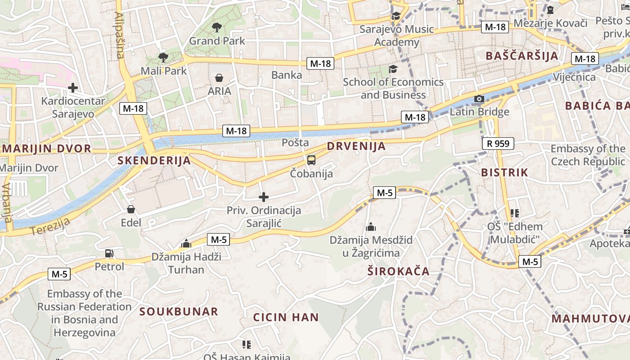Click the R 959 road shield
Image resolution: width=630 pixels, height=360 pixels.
498,144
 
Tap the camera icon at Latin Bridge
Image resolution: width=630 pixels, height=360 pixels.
479,99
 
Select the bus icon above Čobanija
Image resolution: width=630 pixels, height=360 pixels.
311,160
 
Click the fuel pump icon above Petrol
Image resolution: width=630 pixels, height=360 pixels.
109,253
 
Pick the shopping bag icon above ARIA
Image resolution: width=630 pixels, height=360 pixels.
219,78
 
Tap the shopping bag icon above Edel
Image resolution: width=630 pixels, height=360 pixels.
130,209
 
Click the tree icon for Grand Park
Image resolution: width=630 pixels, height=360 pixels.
216,27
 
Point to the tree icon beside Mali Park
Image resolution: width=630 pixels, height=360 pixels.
163,58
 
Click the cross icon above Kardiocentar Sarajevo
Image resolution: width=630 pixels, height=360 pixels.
72,88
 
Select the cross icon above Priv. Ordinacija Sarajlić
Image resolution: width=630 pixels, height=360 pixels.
264,197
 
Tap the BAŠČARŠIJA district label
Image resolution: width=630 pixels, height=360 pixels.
522,56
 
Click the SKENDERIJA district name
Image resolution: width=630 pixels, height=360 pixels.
154,161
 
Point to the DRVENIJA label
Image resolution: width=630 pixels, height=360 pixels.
356,146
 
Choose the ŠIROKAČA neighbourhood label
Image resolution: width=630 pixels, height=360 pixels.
398,271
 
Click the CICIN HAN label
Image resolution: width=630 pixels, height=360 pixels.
286,317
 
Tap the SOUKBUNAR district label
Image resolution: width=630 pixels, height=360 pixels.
179,311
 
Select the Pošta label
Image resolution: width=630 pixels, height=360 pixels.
295,143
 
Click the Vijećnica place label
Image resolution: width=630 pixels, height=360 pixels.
574,77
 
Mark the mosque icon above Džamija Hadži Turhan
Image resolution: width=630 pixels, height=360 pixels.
186,244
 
